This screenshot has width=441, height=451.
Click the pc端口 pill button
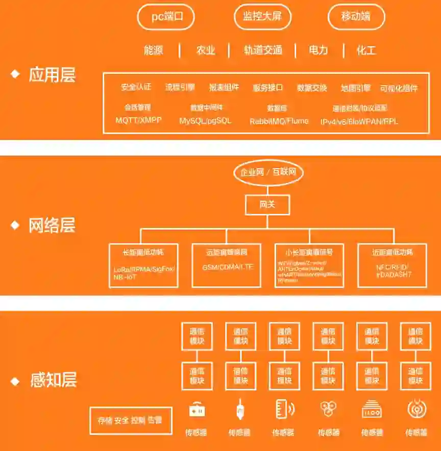[x=166, y=16]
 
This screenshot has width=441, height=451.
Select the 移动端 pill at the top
[x=356, y=16]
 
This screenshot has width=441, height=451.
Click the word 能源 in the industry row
[x=153, y=50]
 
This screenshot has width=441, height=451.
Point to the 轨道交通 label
[x=263, y=50]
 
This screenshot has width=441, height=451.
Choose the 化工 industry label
[x=366, y=50]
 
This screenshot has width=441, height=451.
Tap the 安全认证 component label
[x=136, y=87]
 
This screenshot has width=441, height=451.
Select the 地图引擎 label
[x=356, y=88]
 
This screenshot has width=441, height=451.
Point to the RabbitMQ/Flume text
[x=279, y=121]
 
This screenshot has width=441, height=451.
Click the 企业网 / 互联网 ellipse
[x=268, y=172]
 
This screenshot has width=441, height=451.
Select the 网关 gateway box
[x=267, y=204]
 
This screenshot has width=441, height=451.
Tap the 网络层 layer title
[x=52, y=225]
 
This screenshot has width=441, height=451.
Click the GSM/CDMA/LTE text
[x=227, y=267]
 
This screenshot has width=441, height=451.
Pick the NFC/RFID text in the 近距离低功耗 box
[x=391, y=267]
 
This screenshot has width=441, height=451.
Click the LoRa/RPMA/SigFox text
[x=144, y=269]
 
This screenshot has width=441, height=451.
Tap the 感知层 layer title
[x=53, y=380]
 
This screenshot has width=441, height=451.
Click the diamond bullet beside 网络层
[x=15, y=225]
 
